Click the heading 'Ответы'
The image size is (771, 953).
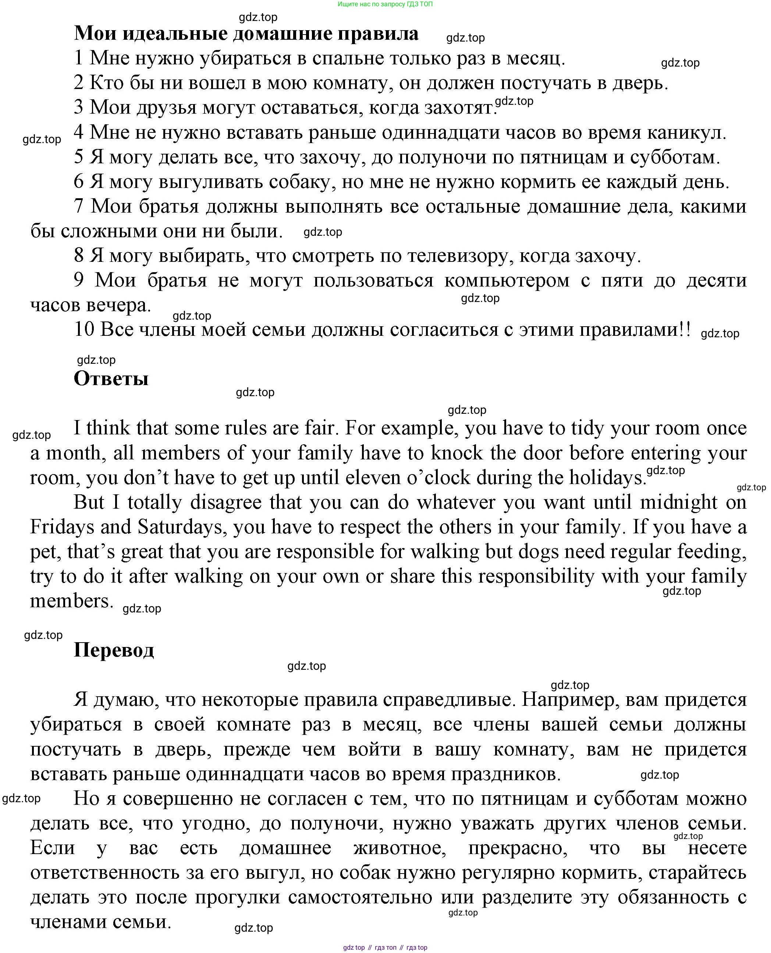[111, 379]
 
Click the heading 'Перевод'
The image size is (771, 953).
[114, 650]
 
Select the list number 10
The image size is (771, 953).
[84, 330]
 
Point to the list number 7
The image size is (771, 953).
[79, 206]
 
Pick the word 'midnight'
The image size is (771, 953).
[678, 502]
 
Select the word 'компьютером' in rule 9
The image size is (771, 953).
[507, 281]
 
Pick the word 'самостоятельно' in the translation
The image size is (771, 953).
[360, 897]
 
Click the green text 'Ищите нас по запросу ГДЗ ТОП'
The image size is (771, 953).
[385, 4]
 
